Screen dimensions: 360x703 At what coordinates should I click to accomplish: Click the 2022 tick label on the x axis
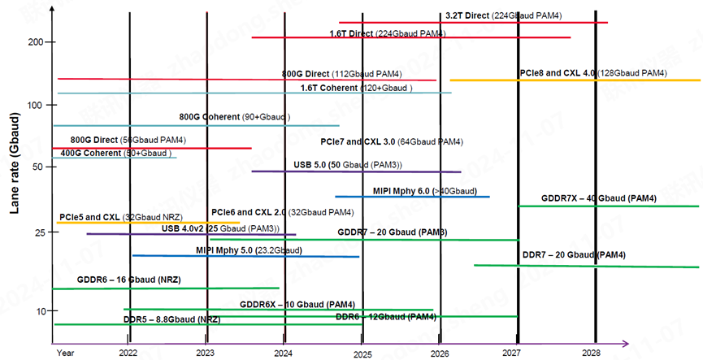point(128,353)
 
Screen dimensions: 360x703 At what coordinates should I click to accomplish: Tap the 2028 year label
point(591,353)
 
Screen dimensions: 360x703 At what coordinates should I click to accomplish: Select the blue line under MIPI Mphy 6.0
point(412,197)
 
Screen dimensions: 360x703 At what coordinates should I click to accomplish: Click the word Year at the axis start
point(65,353)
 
